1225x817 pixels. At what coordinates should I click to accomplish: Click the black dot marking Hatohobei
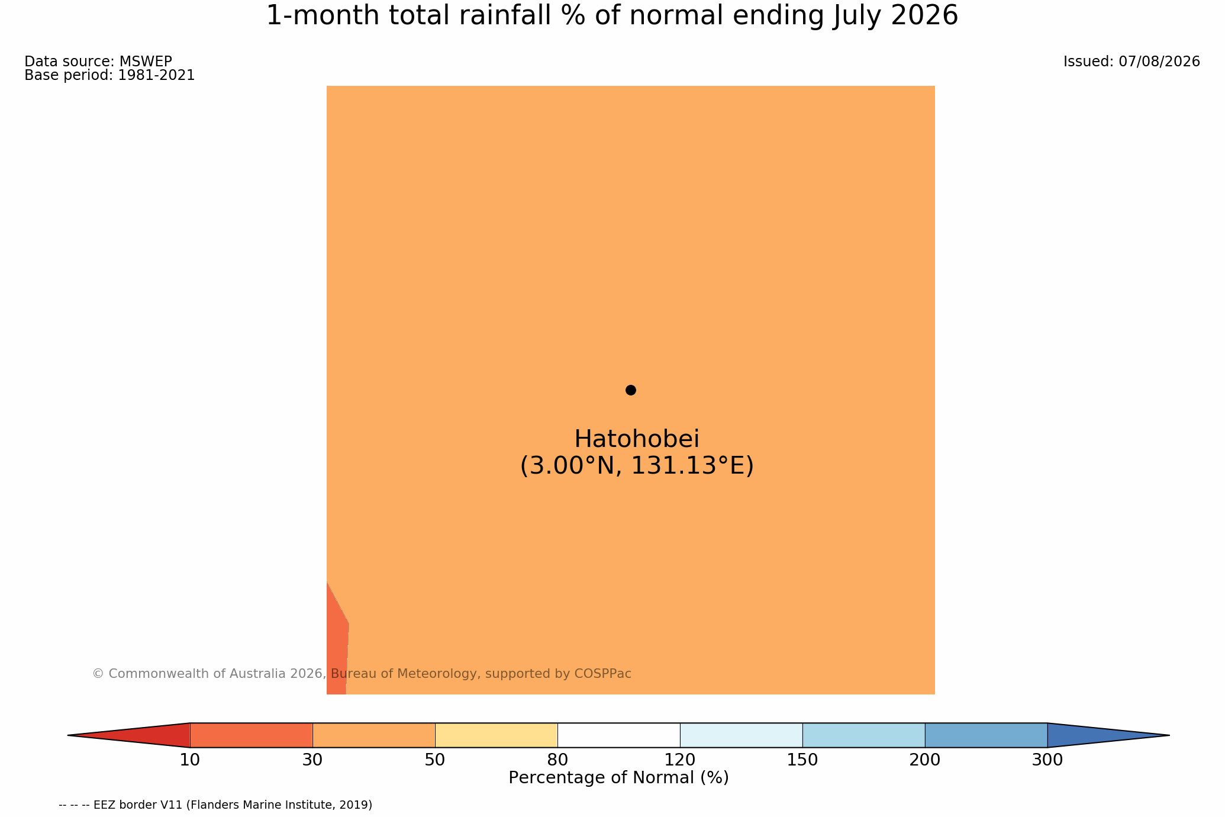[x=631, y=390]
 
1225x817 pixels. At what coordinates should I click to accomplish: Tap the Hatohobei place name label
[x=637, y=439]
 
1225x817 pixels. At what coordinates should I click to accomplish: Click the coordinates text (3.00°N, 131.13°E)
[x=637, y=466]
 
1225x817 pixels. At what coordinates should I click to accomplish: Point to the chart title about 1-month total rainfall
[x=612, y=16]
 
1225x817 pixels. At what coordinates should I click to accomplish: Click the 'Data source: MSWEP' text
[x=98, y=62]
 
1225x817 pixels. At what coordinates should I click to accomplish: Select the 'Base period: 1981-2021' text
[x=109, y=76]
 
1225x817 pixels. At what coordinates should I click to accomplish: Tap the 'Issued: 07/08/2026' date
[x=1131, y=62]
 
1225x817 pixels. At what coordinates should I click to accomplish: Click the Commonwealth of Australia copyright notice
[x=362, y=674]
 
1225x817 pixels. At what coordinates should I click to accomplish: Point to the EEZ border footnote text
[x=215, y=805]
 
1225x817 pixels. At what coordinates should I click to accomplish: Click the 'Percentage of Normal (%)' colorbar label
[x=618, y=778]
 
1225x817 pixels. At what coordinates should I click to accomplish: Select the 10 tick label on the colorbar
[x=190, y=760]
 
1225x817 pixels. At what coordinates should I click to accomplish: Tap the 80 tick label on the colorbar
[x=557, y=760]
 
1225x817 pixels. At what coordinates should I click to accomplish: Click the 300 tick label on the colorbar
[x=1047, y=760]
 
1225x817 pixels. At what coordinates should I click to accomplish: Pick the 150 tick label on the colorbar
[x=802, y=760]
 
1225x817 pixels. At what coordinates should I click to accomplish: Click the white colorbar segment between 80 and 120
[x=618, y=735]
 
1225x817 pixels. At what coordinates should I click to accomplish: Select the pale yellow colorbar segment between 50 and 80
[x=496, y=735]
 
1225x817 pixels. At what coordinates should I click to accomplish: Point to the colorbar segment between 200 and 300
[x=986, y=735]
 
